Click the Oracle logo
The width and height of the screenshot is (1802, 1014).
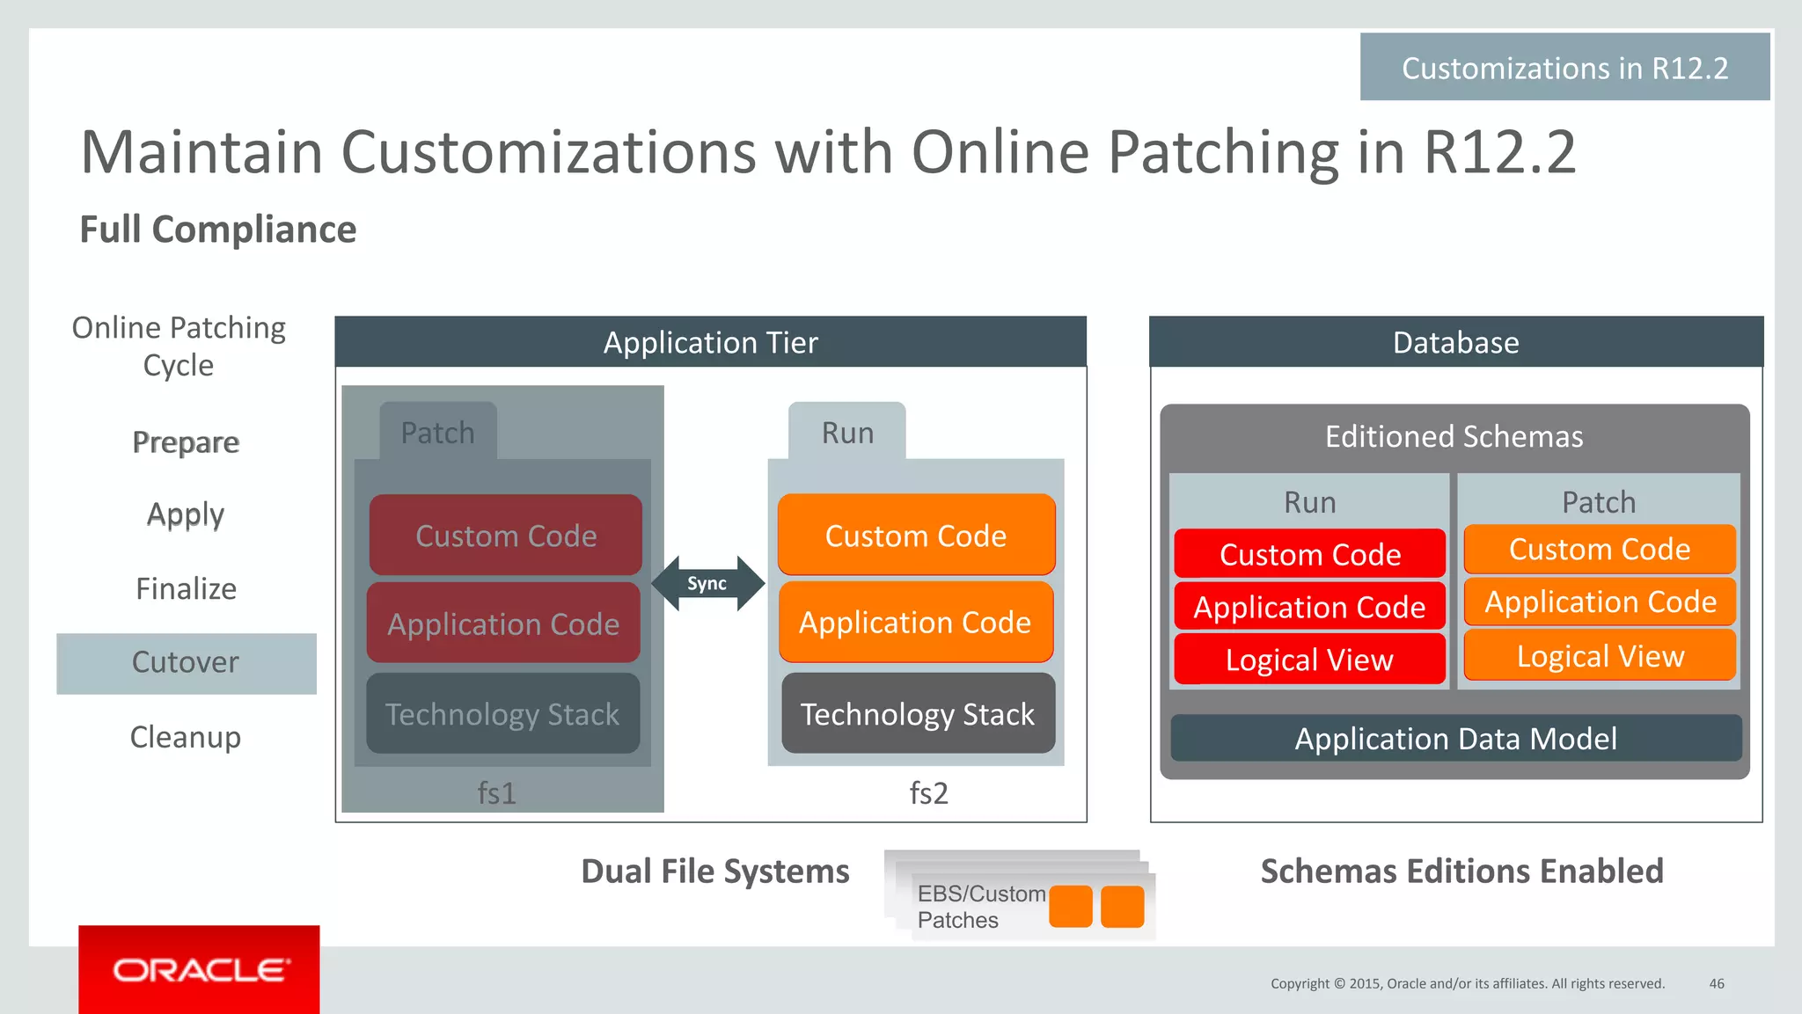coord(199,969)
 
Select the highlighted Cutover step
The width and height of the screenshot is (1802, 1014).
coord(186,663)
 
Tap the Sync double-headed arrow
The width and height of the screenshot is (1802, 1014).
coord(707,583)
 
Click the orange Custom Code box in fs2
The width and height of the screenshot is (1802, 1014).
coord(916,535)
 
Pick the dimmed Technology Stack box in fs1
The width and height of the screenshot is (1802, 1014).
coord(502,713)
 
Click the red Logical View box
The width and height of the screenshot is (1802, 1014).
coord(1309,659)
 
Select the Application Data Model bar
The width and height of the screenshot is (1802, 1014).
coord(1455,738)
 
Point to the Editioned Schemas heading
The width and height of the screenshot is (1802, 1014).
coord(1454,436)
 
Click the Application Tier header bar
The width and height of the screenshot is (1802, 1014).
coord(710,342)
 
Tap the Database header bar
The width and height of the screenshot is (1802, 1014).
coord(1455,342)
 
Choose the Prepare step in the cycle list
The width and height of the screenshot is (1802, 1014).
coord(186,441)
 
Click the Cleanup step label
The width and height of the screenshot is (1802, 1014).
coord(186,736)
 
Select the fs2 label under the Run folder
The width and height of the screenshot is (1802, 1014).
coord(928,792)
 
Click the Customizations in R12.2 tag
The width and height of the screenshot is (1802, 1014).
coord(1564,68)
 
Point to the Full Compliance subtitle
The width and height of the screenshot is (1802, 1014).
coord(218,230)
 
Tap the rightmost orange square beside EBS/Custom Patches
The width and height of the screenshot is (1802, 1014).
coord(1122,907)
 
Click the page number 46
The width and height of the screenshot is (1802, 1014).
coord(1716,983)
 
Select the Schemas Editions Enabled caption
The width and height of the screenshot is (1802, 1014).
coord(1461,871)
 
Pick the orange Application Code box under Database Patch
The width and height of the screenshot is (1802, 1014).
coord(1600,602)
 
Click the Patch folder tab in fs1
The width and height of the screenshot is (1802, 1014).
coord(438,432)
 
